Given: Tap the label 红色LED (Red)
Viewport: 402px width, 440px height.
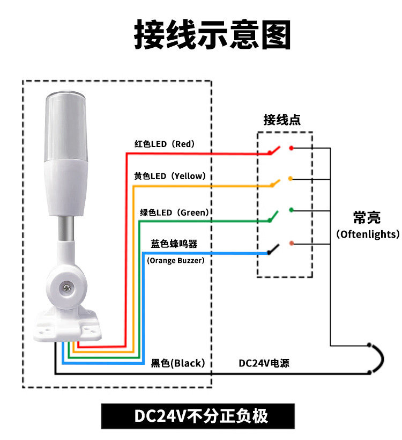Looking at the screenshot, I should click(x=164, y=144).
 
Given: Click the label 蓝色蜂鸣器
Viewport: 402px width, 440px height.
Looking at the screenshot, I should click(x=174, y=244).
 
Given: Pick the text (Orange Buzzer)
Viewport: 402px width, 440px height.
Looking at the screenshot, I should click(x=175, y=261).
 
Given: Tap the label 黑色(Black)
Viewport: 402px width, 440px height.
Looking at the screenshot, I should click(x=178, y=363).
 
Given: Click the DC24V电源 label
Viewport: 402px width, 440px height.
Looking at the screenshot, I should click(x=264, y=363).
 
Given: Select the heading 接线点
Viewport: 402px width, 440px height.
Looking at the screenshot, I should click(x=282, y=120).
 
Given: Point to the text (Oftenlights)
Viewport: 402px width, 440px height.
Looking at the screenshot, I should click(x=368, y=234).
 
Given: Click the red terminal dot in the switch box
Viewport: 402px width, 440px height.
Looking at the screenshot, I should click(x=291, y=148).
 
